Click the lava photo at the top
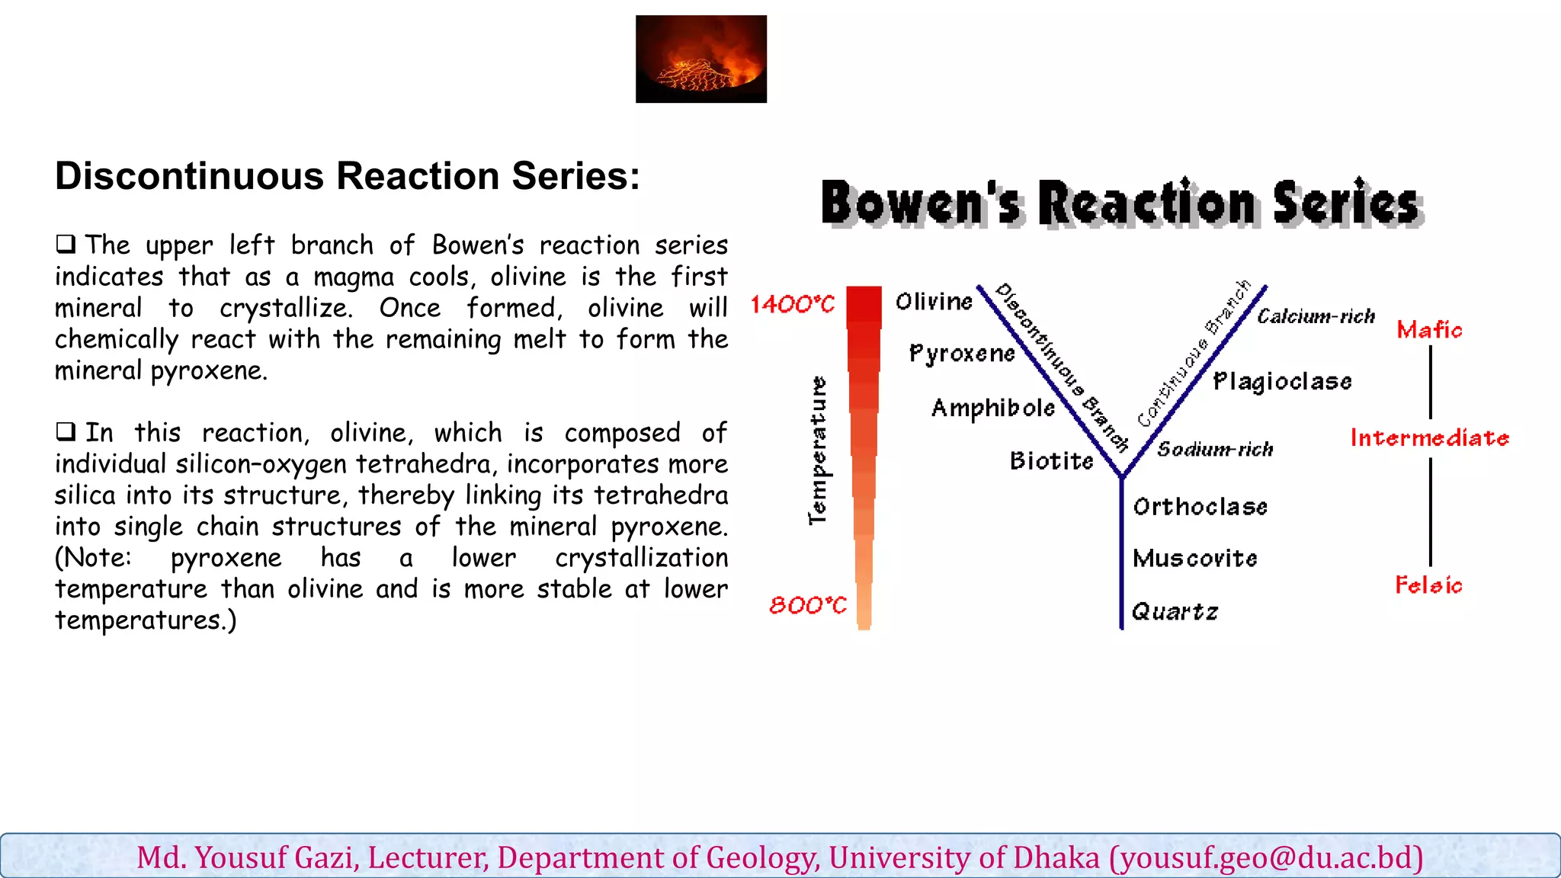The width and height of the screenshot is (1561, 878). [x=701, y=59]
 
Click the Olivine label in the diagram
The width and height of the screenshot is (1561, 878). [x=934, y=302]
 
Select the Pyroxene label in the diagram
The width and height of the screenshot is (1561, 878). [x=962, y=354]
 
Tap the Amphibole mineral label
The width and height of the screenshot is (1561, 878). [x=993, y=409]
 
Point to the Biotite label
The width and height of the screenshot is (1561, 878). [x=1051, y=461]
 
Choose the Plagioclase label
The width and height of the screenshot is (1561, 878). [x=1282, y=382]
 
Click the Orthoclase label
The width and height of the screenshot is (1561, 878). [x=1200, y=507]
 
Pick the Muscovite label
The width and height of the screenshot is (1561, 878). [x=1194, y=559]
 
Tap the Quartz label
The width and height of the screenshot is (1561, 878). [x=1175, y=612]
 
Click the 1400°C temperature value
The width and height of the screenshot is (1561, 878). [x=793, y=305]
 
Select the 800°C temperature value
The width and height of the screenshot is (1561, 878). [x=808, y=605]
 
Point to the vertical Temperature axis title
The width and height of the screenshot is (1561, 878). [x=817, y=450]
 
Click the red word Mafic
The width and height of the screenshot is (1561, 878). [x=1429, y=330]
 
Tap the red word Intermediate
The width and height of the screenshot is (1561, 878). [x=1429, y=438]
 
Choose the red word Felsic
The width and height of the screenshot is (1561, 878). [x=1428, y=585]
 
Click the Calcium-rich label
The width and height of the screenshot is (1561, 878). [x=1316, y=316]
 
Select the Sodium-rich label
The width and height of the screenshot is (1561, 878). [x=1215, y=450]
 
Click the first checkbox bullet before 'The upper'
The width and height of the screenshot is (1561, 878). [x=66, y=245]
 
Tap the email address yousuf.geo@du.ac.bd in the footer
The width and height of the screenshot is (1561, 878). [x=1266, y=858]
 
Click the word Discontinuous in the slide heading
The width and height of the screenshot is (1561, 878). [x=189, y=176]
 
